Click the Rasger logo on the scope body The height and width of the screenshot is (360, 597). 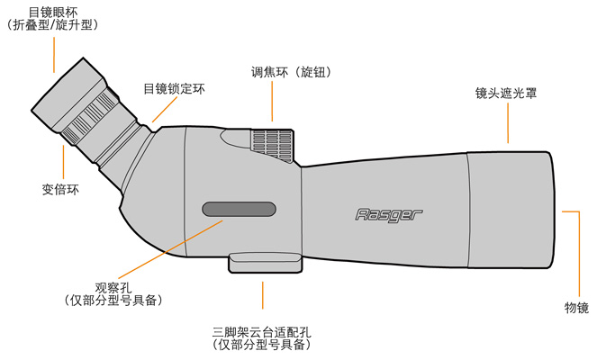pos(388,215)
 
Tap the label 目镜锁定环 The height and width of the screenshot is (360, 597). pos(174,89)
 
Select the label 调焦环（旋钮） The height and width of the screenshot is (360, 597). pos(291,72)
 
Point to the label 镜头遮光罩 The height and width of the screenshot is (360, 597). pos(506,93)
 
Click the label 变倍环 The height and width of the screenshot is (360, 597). pos(60,189)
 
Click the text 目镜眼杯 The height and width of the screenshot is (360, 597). pos(53,13)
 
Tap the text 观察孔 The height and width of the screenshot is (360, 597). pos(113,288)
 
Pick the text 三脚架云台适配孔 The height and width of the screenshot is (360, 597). pos(261,332)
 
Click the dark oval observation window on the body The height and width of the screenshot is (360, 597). pos(239,210)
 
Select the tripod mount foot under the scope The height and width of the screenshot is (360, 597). pos(266,264)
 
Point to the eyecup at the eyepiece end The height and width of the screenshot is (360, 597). pos(68,95)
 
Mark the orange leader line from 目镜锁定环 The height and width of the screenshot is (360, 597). pos(165,110)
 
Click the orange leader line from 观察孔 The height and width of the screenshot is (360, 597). pos(170,249)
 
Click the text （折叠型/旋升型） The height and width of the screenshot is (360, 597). pos(53,25)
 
